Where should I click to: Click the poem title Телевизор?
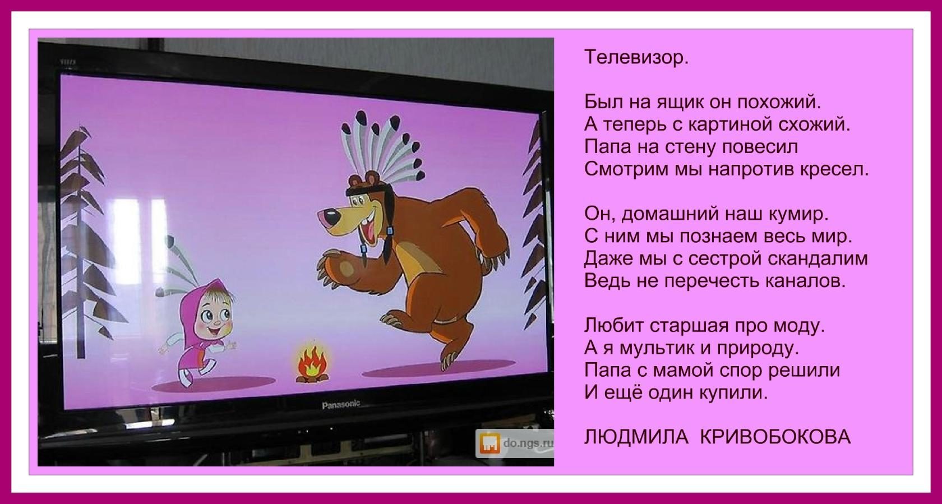(x=636, y=57)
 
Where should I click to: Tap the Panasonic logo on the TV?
(x=341, y=404)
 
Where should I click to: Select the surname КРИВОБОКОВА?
(x=776, y=437)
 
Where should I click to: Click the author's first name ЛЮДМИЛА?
(x=636, y=437)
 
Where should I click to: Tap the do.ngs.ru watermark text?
(x=528, y=443)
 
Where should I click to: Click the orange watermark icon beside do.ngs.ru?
(x=490, y=443)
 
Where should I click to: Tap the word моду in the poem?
(x=802, y=325)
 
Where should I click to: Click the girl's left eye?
(x=207, y=315)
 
